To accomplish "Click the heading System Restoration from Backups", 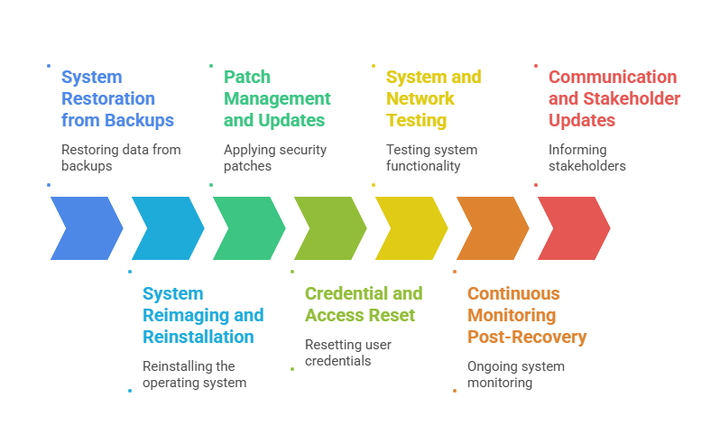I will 117,98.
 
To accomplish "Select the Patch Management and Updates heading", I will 277,98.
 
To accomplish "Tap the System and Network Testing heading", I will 433,98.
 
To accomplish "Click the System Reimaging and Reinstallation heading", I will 203,315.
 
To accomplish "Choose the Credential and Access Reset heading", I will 363,304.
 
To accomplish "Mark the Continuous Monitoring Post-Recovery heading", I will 526,315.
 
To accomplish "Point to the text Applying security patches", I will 275,158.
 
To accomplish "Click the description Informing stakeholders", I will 587,158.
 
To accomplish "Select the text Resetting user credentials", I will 348,353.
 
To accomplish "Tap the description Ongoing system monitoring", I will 515,375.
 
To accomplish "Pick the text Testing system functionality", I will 431,158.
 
